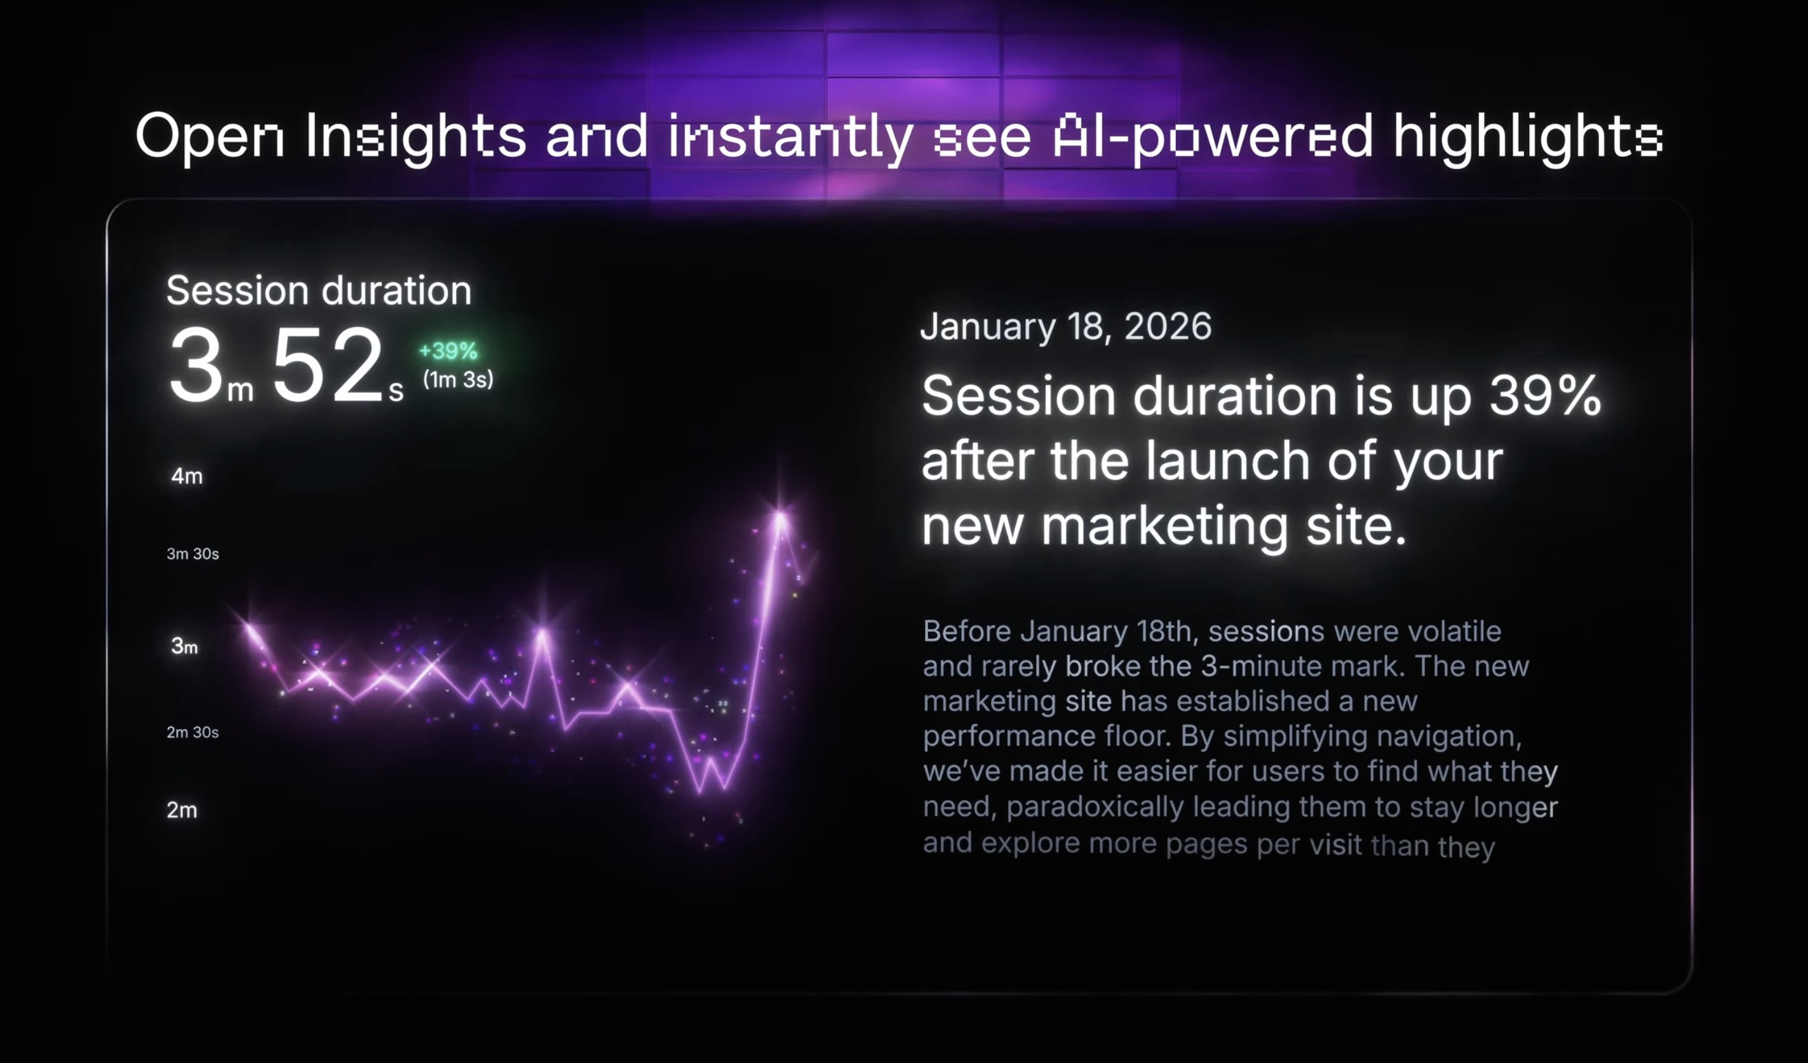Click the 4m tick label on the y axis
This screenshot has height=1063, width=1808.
pyautogui.click(x=187, y=476)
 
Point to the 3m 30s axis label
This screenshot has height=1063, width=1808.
pyautogui.click(x=192, y=554)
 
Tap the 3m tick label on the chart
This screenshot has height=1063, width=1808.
pyautogui.click(x=184, y=646)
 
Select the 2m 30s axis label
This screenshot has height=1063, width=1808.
pyautogui.click(x=192, y=732)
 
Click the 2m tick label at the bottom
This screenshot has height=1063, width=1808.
pyautogui.click(x=182, y=810)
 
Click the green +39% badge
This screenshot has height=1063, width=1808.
pyautogui.click(x=448, y=351)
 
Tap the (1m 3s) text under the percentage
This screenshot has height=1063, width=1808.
pyautogui.click(x=458, y=380)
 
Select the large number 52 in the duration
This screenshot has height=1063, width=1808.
pyautogui.click(x=327, y=366)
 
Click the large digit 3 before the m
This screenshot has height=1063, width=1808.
pyautogui.click(x=195, y=366)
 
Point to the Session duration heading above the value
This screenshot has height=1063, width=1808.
pyautogui.click(x=318, y=290)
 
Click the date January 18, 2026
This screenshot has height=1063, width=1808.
pyautogui.click(x=1065, y=326)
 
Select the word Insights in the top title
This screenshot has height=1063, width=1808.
pyautogui.click(x=415, y=137)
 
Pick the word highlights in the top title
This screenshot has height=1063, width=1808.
pyautogui.click(x=1527, y=137)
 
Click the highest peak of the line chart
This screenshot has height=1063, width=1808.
pyautogui.click(x=780, y=514)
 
